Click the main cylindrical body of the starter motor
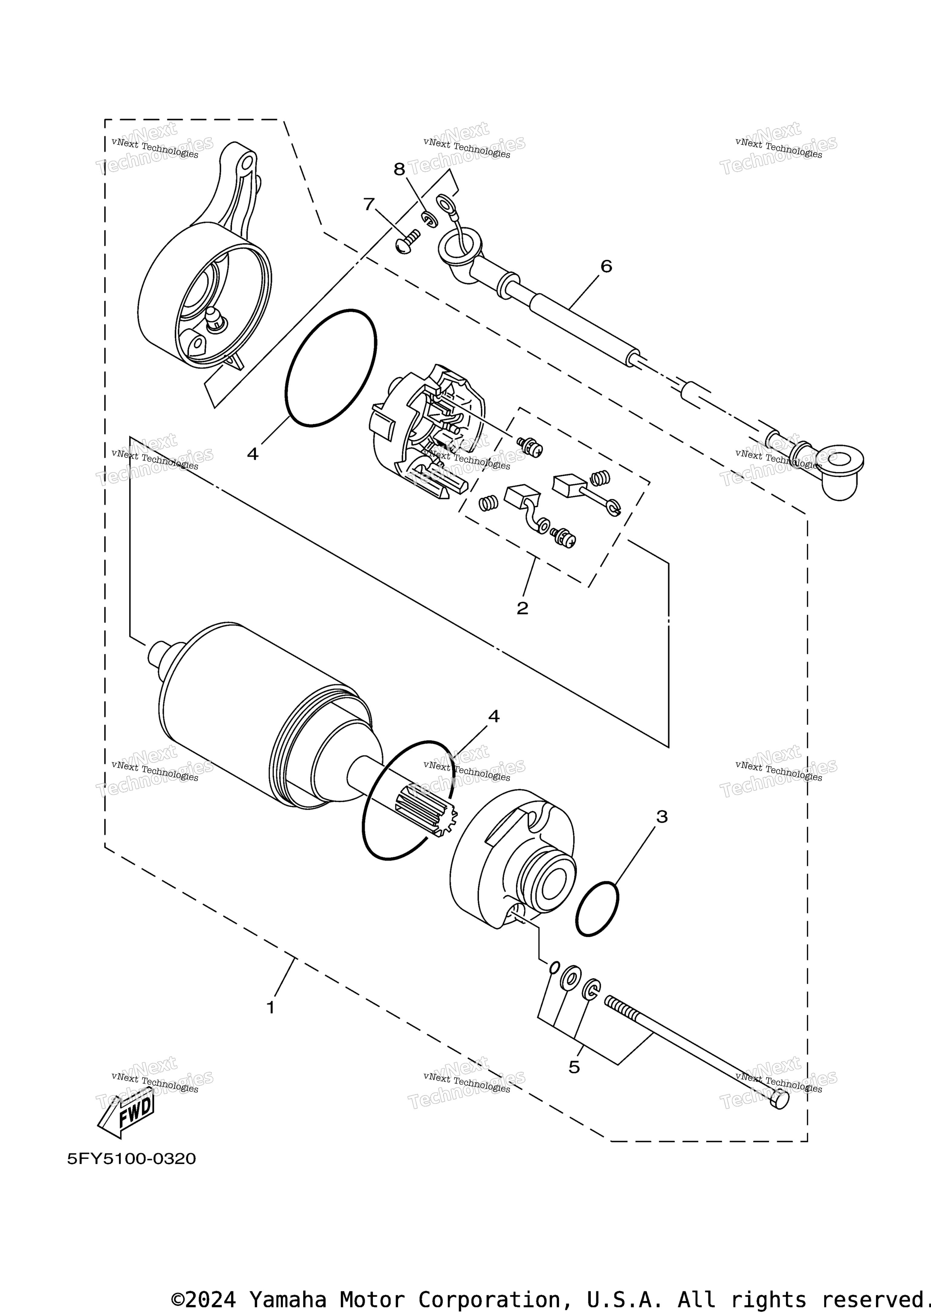coord(269,717)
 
